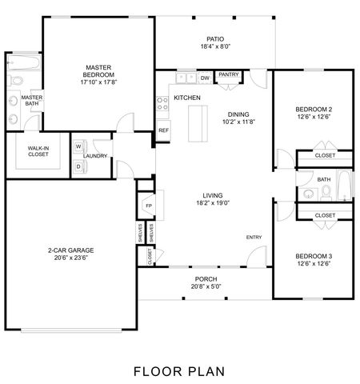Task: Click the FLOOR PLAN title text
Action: [x=179, y=370]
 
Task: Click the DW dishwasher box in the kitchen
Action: [x=205, y=78]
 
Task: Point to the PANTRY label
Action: [x=229, y=75]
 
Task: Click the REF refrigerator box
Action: [x=163, y=130]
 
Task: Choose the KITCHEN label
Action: [x=187, y=98]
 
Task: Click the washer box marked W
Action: [x=80, y=147]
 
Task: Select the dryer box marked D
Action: [x=80, y=166]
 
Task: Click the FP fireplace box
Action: [x=149, y=206]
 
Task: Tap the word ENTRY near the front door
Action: [x=254, y=237]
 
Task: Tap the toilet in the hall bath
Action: [x=310, y=194]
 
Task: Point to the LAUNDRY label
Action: [x=96, y=157]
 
